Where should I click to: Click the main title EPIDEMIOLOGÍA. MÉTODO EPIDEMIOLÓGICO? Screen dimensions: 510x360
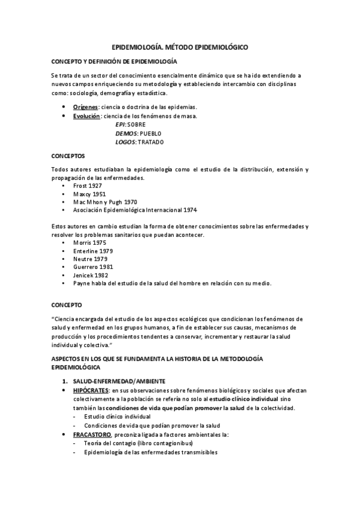(x=180, y=46)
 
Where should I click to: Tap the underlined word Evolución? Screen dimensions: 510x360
(x=87, y=115)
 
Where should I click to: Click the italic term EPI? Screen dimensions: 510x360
(x=120, y=124)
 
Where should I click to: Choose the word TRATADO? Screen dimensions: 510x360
(x=150, y=142)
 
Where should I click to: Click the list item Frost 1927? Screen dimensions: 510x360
(x=87, y=186)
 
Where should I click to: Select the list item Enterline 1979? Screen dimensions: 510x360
(x=92, y=250)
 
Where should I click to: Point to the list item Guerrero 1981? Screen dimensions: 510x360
(x=92, y=266)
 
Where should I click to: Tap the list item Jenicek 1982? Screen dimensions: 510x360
(x=90, y=274)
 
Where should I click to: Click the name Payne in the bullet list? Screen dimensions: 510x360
(x=81, y=283)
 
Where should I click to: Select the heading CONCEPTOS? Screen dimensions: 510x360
(x=69, y=155)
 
